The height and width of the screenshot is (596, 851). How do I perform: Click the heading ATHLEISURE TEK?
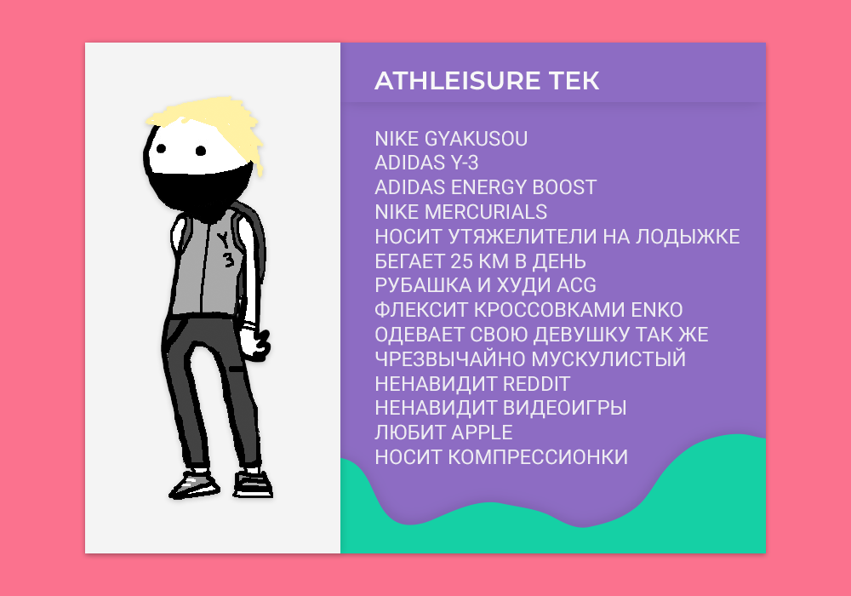[x=487, y=81]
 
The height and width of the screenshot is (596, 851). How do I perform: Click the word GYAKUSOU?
[x=476, y=139]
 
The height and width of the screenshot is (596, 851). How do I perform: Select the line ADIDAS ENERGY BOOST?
[x=485, y=187]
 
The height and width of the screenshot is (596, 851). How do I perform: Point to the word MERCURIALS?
[x=486, y=212]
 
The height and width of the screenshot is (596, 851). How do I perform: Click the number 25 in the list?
[x=461, y=261]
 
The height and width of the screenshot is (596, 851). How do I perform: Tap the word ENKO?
[x=657, y=310]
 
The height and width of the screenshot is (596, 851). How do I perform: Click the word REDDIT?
[x=536, y=384]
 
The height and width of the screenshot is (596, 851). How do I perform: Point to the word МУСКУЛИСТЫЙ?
[x=608, y=359]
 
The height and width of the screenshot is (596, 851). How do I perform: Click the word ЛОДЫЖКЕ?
[x=688, y=237]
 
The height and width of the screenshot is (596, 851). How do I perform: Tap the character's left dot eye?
[x=161, y=147]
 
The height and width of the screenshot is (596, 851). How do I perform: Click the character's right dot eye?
[x=200, y=151]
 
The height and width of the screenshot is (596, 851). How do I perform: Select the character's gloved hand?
[x=255, y=344]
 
